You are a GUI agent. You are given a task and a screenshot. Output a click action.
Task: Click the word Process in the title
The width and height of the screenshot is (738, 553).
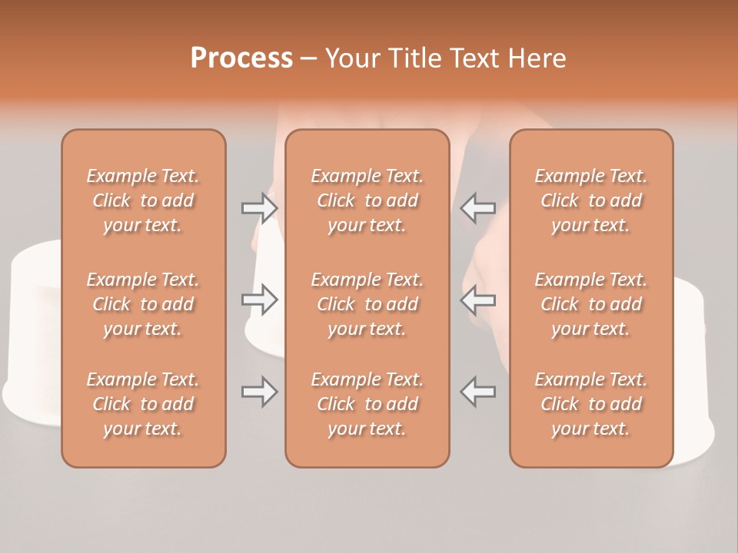tap(241, 58)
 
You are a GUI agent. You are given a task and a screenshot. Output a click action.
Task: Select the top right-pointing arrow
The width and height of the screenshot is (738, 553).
tap(259, 207)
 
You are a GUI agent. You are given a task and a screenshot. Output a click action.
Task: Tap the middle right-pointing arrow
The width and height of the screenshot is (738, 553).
tap(259, 300)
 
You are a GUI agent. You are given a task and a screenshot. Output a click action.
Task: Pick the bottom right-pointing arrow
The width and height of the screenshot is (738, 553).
tap(259, 392)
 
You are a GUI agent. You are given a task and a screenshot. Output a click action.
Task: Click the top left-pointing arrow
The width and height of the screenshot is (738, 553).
tap(478, 207)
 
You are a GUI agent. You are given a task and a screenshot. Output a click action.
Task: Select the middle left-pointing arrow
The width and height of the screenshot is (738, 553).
tap(478, 300)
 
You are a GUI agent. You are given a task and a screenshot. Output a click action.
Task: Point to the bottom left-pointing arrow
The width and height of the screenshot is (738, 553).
tap(478, 392)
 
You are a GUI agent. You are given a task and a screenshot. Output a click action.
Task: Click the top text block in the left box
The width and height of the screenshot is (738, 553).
tap(143, 200)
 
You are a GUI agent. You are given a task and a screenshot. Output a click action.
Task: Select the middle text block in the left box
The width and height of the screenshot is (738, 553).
tap(143, 304)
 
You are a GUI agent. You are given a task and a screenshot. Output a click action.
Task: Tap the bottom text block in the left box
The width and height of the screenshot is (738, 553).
tap(143, 404)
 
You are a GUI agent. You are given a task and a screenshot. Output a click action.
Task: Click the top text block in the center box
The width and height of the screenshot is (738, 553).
tap(367, 200)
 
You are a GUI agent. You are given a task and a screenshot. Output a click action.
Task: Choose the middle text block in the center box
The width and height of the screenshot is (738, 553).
tap(367, 304)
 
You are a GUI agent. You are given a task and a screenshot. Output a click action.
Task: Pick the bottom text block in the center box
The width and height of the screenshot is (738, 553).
tap(367, 404)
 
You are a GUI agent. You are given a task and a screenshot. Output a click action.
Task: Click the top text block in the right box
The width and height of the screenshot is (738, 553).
tap(591, 200)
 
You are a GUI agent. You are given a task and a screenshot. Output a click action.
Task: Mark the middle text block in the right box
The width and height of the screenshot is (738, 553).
tap(591, 304)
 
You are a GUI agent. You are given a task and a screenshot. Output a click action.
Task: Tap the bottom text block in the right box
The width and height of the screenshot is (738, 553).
tap(591, 404)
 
